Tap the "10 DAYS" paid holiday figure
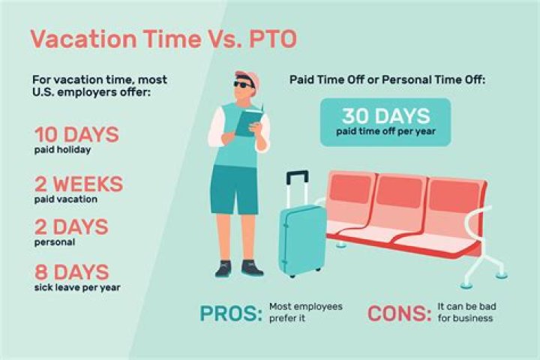tap(76, 135)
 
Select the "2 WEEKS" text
tap(79, 184)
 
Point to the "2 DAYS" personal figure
tap(71, 226)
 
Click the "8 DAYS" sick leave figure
tap(71, 271)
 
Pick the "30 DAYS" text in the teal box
tap(385, 116)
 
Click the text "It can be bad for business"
tap(465, 312)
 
